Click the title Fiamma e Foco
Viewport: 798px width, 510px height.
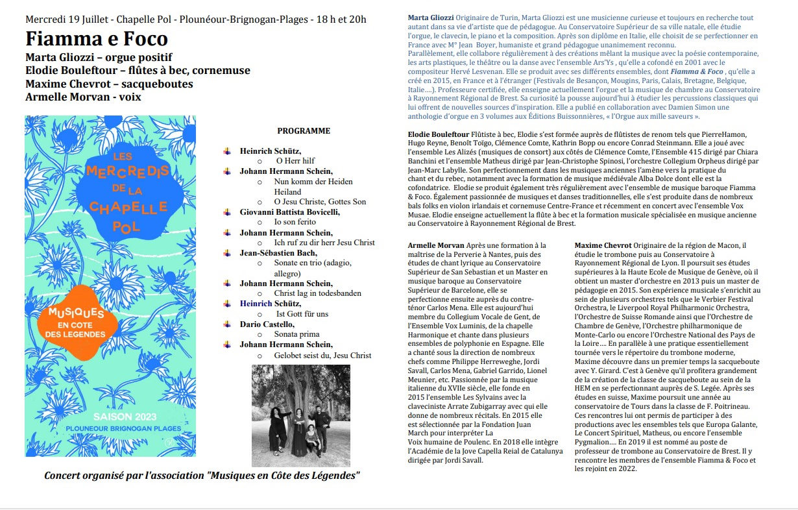point(97,38)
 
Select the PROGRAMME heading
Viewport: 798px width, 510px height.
point(304,131)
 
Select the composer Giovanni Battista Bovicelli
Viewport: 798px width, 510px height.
point(289,212)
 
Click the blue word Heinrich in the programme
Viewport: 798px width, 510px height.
point(252,304)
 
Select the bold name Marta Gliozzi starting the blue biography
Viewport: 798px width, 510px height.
point(431,16)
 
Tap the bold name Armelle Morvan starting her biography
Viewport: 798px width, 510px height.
point(436,245)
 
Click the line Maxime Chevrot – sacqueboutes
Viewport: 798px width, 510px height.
point(109,84)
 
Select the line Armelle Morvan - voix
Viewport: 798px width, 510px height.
point(83,97)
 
